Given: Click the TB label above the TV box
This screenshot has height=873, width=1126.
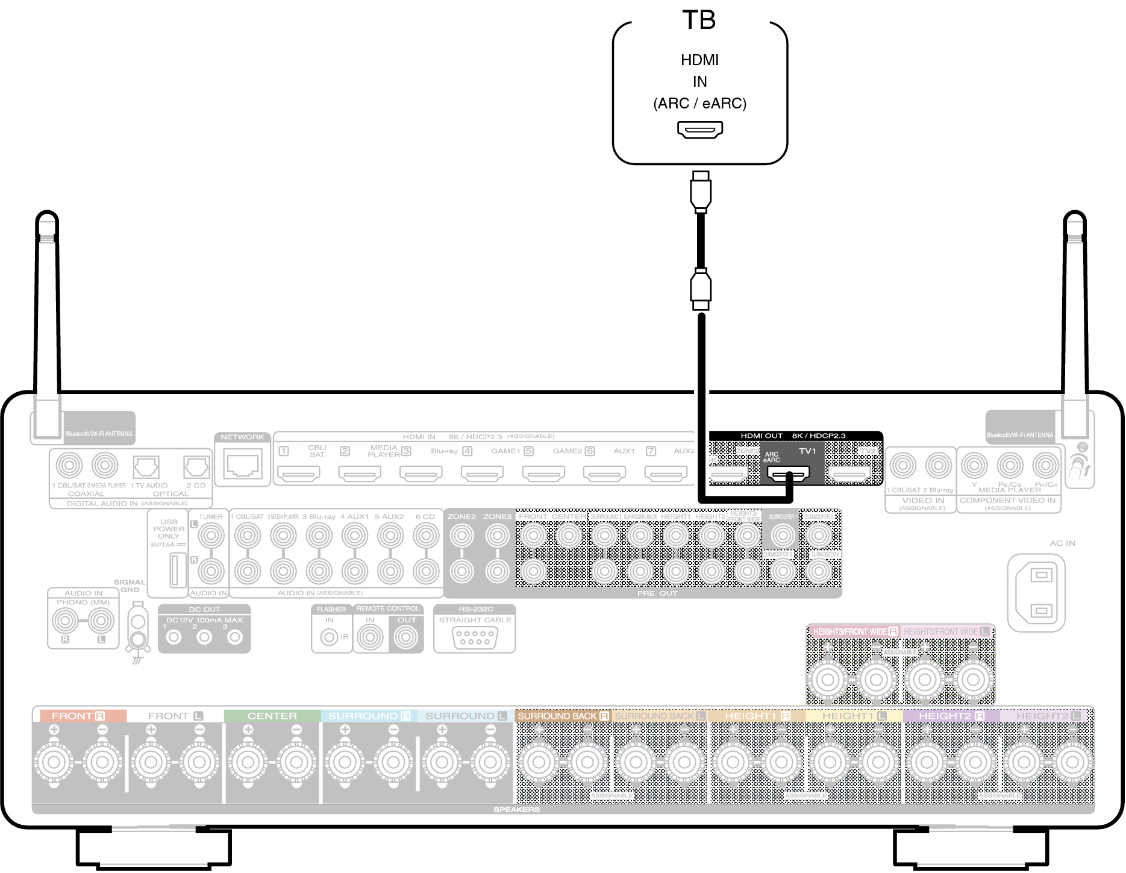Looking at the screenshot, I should tap(699, 20).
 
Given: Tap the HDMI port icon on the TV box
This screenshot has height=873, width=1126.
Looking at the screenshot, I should tap(699, 129).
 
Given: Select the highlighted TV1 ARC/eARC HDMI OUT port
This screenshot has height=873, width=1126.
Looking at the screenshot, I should tap(789, 475).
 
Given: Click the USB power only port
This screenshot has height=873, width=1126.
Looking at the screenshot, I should tap(177, 569).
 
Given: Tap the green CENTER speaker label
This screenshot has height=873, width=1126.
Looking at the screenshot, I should tap(272, 716).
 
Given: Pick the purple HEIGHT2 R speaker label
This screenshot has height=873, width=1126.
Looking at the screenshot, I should tap(951, 716).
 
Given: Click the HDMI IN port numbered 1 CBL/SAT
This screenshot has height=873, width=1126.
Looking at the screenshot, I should tap(300, 474).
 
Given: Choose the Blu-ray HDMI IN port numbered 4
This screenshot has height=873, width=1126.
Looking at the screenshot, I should tap(482, 474).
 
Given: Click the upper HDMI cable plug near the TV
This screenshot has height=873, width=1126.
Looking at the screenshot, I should tap(700, 192).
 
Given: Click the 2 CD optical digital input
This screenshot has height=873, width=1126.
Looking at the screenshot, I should tap(196, 466).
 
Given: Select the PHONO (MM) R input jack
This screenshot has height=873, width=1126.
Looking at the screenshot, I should tap(65, 620).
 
